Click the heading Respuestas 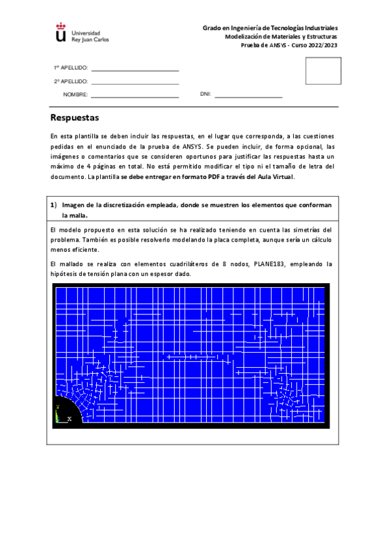click(x=74, y=118)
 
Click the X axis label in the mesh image click(x=69, y=419)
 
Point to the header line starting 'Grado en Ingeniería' click(x=270, y=28)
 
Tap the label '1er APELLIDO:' click(x=70, y=68)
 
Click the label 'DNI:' click(x=205, y=94)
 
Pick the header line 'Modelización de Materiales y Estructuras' click(x=281, y=37)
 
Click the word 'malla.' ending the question click(x=74, y=215)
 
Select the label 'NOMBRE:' click(x=75, y=95)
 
